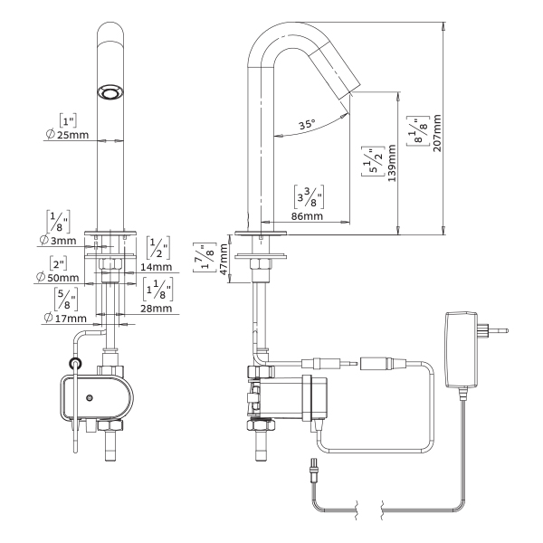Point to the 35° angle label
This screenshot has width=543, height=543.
(x=307, y=126)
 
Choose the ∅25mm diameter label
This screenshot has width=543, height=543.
(x=65, y=134)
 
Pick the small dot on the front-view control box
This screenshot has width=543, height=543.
(x=89, y=398)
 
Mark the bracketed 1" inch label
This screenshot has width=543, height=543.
(x=65, y=119)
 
